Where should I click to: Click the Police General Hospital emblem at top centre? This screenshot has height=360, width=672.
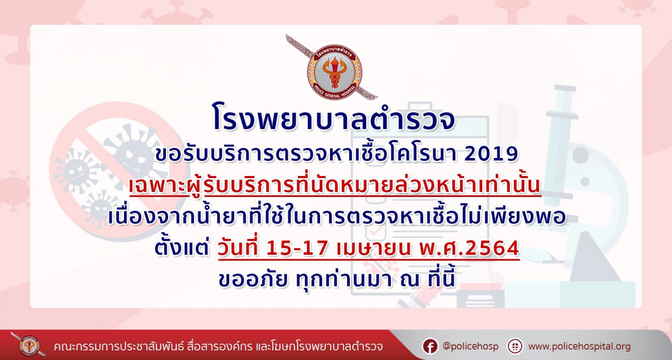tap(333, 71)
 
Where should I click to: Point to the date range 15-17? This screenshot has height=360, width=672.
tap(297, 248)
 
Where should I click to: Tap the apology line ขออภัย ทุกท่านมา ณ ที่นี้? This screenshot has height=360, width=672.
tap(336, 279)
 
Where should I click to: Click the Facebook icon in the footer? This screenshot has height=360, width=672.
tap(430, 347)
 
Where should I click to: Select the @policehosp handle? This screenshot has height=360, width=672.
tap(470, 347)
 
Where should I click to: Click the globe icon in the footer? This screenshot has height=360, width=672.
tap(515, 347)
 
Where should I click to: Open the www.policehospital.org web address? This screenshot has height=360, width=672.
tap(579, 347)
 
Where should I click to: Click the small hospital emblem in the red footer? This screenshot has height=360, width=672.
tap(29, 345)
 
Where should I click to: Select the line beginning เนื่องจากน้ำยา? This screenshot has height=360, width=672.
tap(336, 215)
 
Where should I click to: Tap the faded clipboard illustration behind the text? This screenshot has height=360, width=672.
tap(420, 204)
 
